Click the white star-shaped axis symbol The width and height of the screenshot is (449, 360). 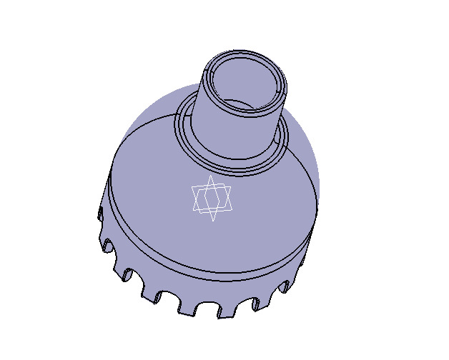pyautogui.click(x=212, y=198)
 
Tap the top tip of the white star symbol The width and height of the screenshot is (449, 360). pyautogui.click(x=209, y=176)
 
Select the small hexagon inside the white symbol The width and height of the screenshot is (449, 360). pyautogui.click(x=212, y=197)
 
